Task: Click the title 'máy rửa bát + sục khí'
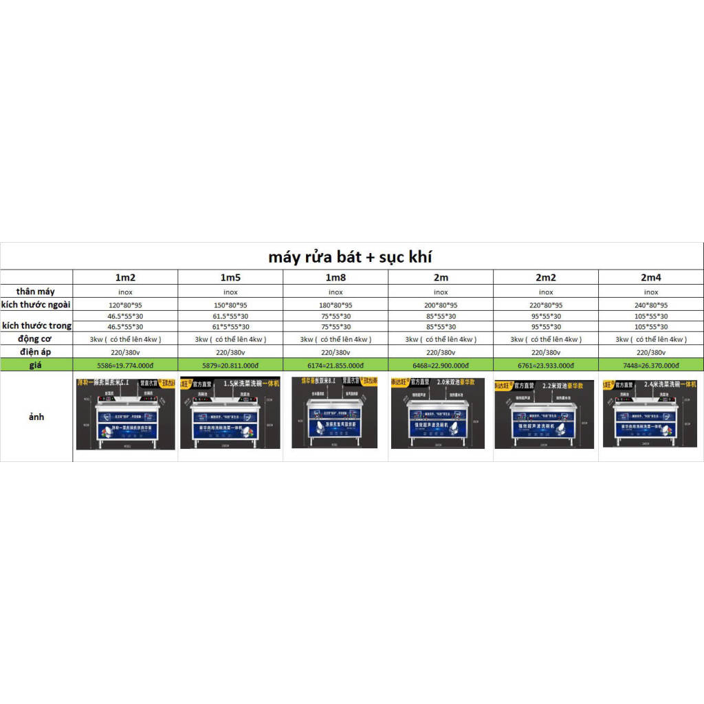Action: pyautogui.click(x=351, y=257)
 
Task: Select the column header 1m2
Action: pyautogui.click(x=125, y=278)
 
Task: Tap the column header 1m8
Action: pyautogui.click(x=335, y=278)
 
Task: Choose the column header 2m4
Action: pyautogui.click(x=651, y=278)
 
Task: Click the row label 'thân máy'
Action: pyautogui.click(x=36, y=291)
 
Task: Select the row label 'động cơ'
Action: pyautogui.click(x=36, y=339)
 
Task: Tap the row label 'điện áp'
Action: pyautogui.click(x=36, y=352)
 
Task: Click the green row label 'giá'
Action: pyautogui.click(x=36, y=365)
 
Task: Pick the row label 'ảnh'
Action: pyautogui.click(x=36, y=417)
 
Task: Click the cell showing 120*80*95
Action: pyautogui.click(x=125, y=305)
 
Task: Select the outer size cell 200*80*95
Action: pyautogui.click(x=441, y=305)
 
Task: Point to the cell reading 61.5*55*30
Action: pyautogui.click(x=230, y=316)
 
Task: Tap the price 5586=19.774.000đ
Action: pyautogui.click(x=125, y=366)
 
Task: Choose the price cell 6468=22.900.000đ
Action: pyautogui.click(x=441, y=366)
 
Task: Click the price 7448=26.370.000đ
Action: pyautogui.click(x=651, y=366)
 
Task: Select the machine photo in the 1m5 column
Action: pyautogui.click(x=230, y=412)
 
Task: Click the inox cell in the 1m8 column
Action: pyautogui.click(x=335, y=292)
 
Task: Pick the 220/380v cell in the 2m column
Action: pyautogui.click(x=441, y=352)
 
